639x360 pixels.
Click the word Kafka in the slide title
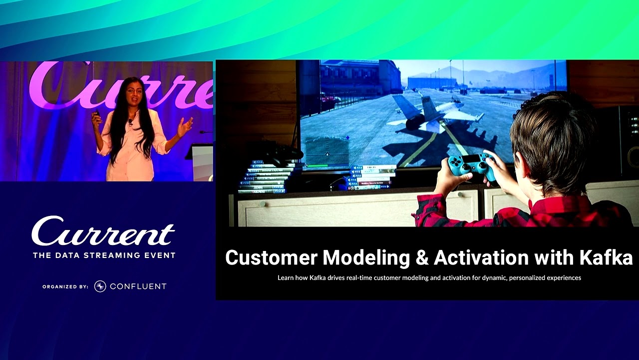coord(606,258)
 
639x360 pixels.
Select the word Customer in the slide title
coord(271,258)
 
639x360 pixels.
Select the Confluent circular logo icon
coord(100,286)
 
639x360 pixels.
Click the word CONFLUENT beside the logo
coord(138,286)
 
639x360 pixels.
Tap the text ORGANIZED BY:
coord(65,287)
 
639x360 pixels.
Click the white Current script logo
coord(103,232)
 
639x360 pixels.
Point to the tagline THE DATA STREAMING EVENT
coord(104,255)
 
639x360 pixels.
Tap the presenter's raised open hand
coord(185,126)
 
